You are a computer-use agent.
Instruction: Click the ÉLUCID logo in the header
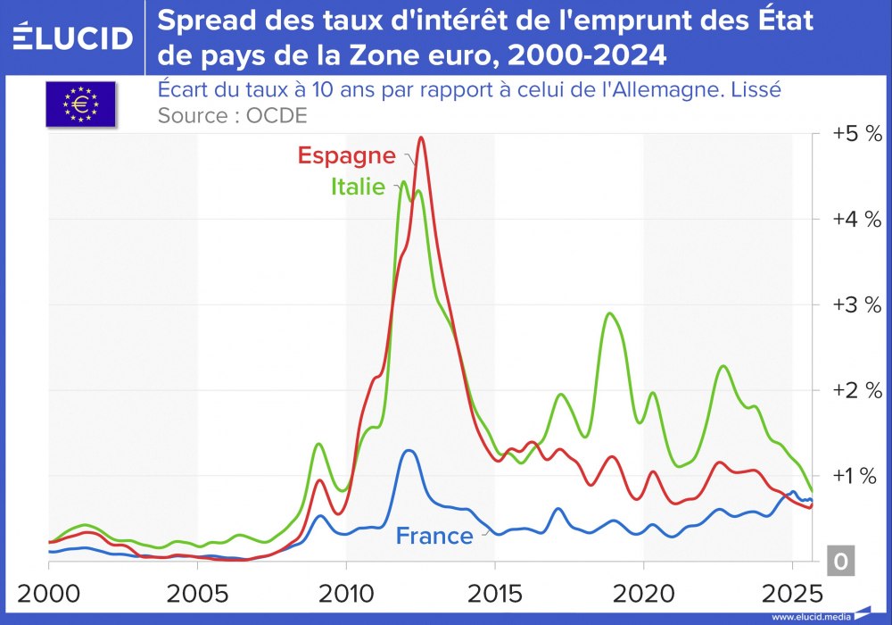coord(73,37)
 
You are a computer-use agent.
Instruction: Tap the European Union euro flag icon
coord(80,104)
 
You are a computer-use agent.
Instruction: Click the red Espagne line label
coord(346,155)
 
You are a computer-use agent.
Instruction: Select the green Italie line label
coord(358,187)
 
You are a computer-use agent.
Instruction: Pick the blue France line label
coord(434,536)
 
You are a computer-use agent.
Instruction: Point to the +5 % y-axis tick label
coord(856,134)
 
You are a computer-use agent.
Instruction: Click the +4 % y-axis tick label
coord(856,219)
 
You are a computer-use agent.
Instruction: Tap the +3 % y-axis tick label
coord(856,304)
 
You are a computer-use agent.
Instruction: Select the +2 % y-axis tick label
coord(856,390)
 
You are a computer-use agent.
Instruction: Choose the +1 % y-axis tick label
coord(856,476)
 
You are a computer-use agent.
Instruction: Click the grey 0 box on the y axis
coord(841,562)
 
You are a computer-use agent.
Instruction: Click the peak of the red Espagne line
coord(421,137)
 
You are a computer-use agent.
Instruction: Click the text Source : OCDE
coord(232,115)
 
